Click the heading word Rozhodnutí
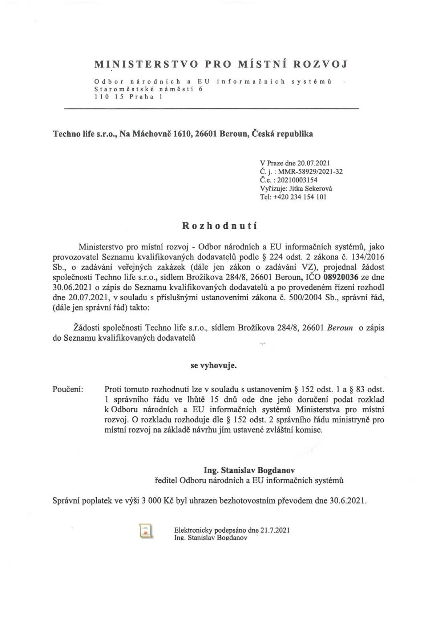[x=219, y=225]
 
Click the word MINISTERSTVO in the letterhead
[x=146, y=64]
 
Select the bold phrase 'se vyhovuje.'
[x=214, y=365]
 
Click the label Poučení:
[x=68, y=389]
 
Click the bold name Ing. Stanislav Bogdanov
[x=249, y=470]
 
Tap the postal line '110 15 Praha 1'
[x=128, y=97]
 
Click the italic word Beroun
[x=340, y=328]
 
